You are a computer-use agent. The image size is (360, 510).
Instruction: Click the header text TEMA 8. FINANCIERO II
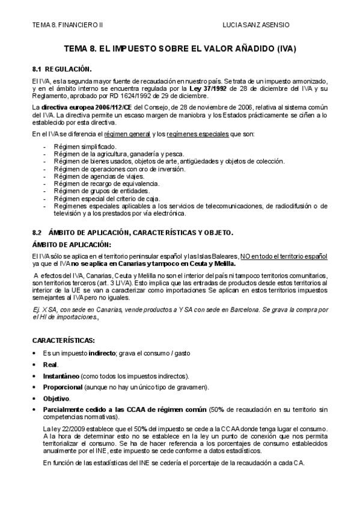pos(67,25)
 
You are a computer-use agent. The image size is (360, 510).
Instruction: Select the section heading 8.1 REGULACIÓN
pos(62,69)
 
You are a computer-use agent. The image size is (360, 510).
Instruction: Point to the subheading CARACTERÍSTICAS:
pos(63,340)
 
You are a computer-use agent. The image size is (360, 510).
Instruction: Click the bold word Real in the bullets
pos(50,365)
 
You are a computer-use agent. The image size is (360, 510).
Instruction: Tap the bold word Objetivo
pos(56,398)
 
